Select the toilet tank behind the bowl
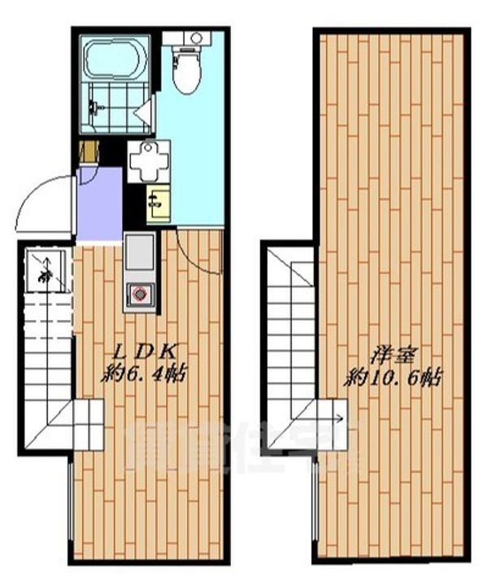click(x=189, y=37)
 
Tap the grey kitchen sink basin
click(x=138, y=251)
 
